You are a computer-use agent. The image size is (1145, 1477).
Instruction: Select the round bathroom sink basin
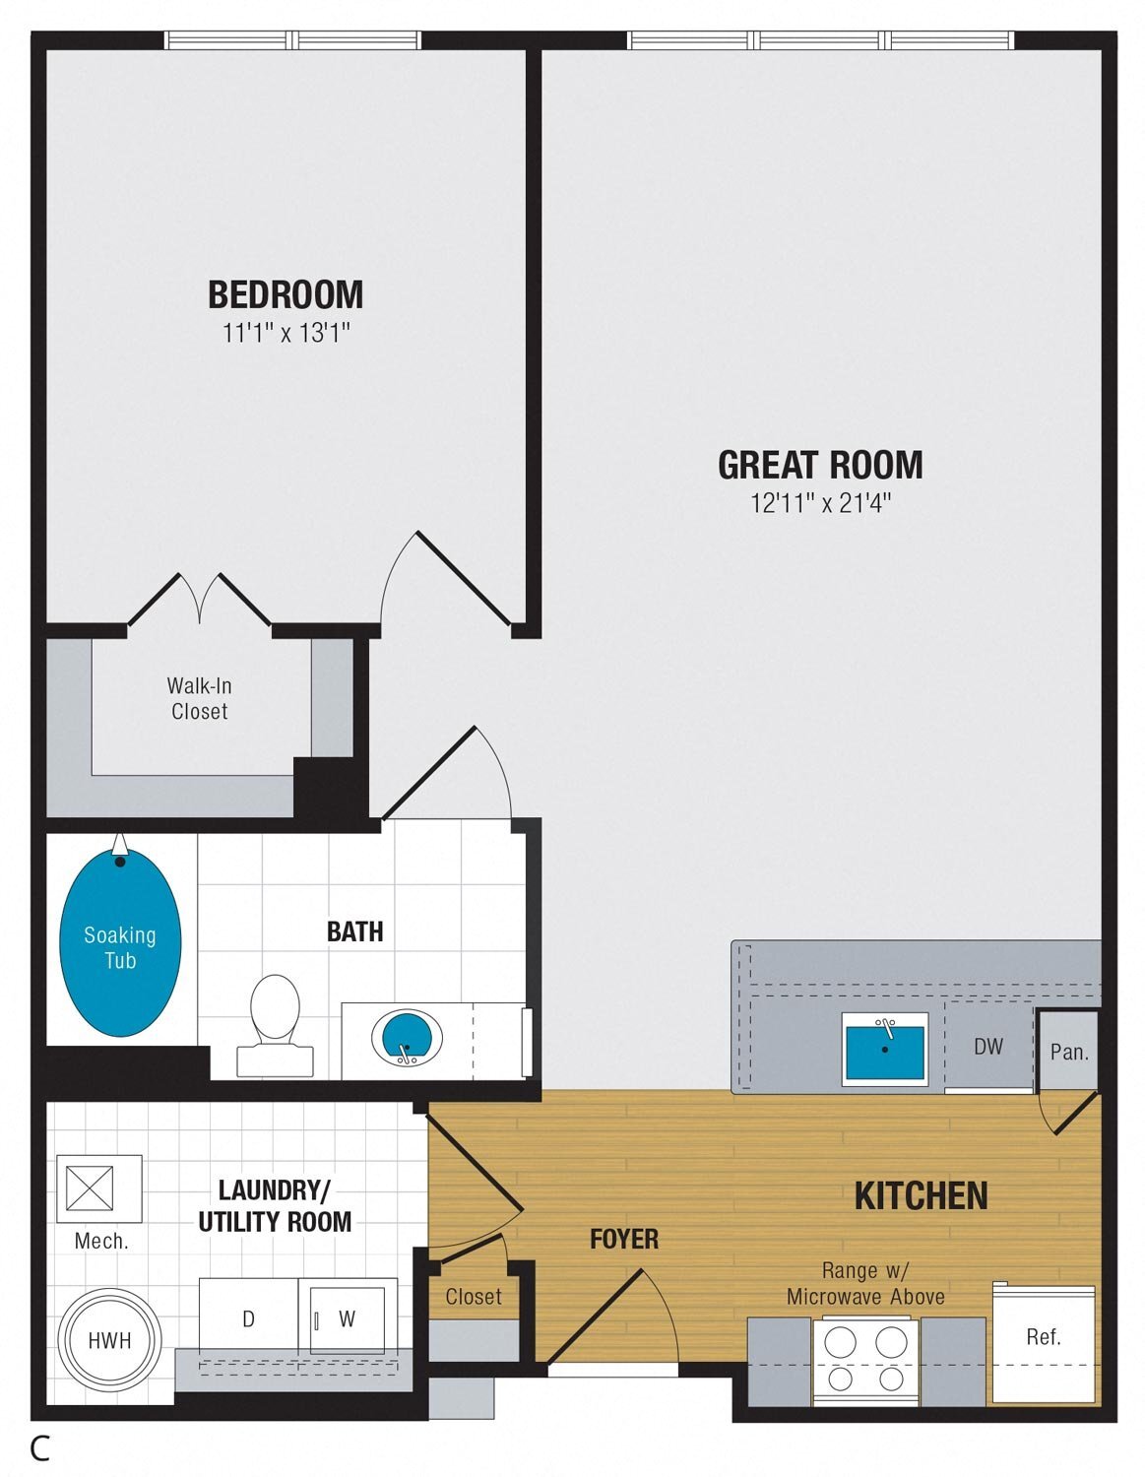coord(406,1037)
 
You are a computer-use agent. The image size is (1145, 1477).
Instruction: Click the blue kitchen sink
coord(884,1050)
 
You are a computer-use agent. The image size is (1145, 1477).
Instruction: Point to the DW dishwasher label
coord(987,1047)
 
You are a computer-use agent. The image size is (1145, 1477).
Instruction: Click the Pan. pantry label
coord(1069,1052)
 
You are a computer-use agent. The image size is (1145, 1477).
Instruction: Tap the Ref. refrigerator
coord(1043,1343)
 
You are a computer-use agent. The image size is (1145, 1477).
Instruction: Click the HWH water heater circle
coord(108,1340)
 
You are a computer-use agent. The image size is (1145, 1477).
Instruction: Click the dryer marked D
coord(249,1318)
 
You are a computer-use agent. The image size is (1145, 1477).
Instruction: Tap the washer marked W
coord(347,1318)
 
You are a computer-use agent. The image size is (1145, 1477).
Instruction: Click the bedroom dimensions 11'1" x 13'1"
coord(286,334)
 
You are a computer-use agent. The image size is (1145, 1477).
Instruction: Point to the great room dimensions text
coord(821,503)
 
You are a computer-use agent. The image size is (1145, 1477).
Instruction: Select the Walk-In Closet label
coord(199,698)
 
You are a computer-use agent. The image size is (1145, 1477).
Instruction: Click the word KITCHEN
coord(921,1195)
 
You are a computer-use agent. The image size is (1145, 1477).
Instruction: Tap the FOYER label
coord(624,1239)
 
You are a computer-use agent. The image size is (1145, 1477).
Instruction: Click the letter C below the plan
coord(40,1448)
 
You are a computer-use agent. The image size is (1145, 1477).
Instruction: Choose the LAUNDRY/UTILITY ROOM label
coord(275,1206)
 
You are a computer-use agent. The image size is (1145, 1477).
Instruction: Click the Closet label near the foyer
coord(473,1297)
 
